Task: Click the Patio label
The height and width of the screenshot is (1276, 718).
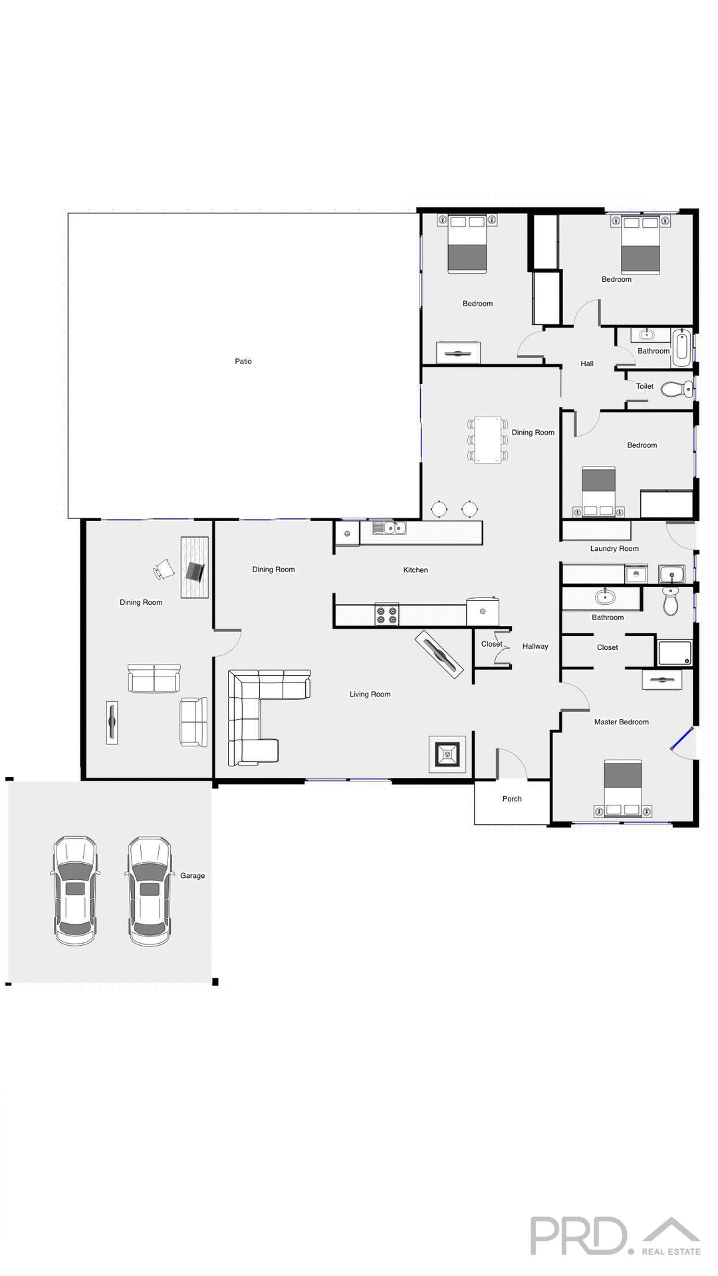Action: click(243, 362)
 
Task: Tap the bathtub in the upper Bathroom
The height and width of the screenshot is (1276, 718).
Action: click(681, 347)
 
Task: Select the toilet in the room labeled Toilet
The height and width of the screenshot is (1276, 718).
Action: click(675, 389)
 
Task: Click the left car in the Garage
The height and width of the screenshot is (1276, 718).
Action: click(75, 891)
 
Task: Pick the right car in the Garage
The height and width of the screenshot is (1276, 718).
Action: click(150, 891)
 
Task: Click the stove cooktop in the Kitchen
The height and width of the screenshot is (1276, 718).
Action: click(386, 614)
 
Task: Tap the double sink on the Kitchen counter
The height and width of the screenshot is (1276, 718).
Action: click(389, 528)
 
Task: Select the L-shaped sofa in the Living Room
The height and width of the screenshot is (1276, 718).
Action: click(256, 711)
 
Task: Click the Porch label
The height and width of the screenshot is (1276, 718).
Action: click(512, 799)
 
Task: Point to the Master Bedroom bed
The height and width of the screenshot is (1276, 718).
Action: click(623, 788)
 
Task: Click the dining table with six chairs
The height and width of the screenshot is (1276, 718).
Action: click(487, 439)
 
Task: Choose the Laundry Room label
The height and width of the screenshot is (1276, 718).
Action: click(614, 549)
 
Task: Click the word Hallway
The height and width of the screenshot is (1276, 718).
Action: click(535, 646)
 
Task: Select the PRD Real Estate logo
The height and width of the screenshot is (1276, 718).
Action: click(614, 1236)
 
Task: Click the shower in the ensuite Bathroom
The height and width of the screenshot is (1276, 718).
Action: click(675, 653)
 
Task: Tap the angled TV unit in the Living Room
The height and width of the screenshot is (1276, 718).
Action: click(439, 654)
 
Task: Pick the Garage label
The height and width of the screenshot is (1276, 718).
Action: click(192, 876)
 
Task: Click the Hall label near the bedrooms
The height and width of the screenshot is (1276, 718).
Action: click(587, 364)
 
